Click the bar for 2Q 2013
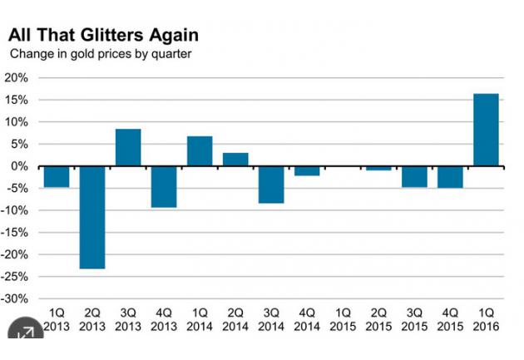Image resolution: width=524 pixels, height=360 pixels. (92, 217)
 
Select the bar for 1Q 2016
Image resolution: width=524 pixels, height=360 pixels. (486, 130)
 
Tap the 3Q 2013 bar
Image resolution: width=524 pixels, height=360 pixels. (128, 147)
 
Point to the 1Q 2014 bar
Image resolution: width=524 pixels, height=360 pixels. (200, 150)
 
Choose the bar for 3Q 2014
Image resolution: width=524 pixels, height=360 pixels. (271, 185)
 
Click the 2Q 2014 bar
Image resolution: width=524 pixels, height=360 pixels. (235, 159)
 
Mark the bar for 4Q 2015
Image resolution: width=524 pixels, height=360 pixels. (450, 177)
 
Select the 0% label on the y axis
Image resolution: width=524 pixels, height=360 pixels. (20, 166)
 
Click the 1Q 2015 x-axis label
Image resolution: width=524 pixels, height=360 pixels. (343, 321)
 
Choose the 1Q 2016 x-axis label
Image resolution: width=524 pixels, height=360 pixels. (486, 321)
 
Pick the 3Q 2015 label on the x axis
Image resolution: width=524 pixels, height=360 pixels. (414, 321)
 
